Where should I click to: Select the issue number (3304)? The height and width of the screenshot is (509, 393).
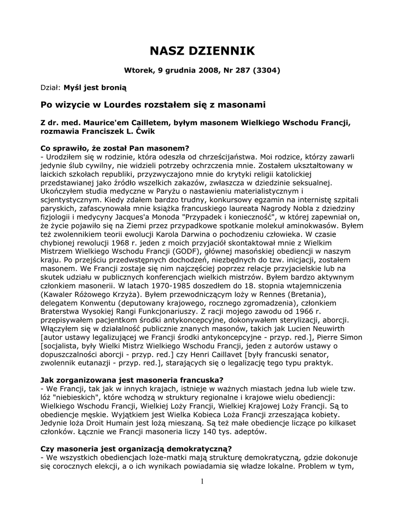[266, 70]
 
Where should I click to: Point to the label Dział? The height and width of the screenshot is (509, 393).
[50, 87]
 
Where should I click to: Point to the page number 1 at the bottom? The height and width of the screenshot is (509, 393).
[203, 481]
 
